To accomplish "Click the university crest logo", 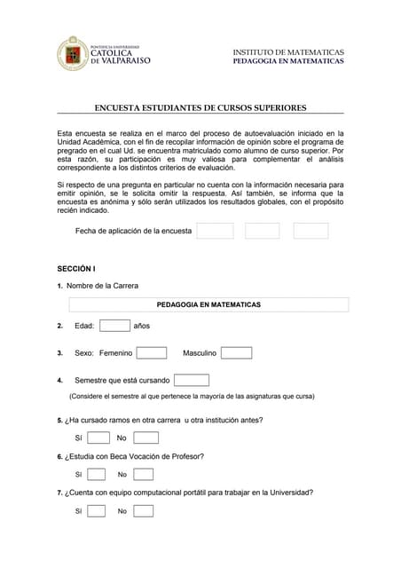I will [73, 53].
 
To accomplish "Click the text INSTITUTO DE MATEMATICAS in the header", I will [287, 52].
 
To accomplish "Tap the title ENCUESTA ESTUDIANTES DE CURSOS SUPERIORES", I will [200, 107].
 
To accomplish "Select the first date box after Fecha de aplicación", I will [215, 231].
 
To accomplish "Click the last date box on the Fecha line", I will [311, 231].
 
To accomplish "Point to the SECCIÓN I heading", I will [76, 268].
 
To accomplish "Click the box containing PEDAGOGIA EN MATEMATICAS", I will [208, 304].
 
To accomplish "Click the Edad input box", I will [114, 326].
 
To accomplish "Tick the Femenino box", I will [151, 352].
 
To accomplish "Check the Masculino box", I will [236, 352].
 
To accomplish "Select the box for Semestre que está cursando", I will [191, 380].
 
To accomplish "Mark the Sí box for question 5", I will [98, 438].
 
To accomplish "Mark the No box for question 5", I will [145, 438].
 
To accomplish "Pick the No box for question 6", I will [143, 474].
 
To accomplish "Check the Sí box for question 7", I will [97, 510].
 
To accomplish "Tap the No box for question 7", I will [143, 510].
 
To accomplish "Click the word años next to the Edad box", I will [141, 326].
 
